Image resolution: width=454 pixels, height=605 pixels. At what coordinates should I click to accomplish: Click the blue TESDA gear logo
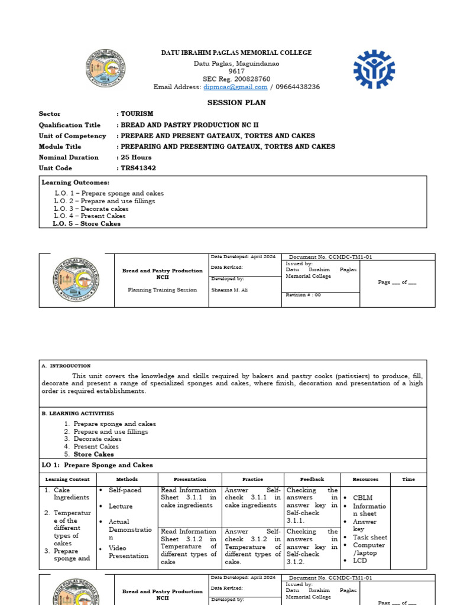[374, 69]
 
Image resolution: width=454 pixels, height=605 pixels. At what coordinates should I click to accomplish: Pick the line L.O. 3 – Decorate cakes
[92, 209]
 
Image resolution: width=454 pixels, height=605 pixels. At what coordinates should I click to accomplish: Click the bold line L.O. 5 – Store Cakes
[86, 224]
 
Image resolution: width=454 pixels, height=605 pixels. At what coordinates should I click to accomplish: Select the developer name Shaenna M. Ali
[226, 291]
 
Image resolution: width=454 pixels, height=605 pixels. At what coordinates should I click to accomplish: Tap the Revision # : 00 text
[303, 295]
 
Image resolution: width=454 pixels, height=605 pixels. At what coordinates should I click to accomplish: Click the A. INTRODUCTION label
[66, 366]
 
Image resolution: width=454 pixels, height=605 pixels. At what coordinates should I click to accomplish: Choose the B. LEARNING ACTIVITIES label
[78, 414]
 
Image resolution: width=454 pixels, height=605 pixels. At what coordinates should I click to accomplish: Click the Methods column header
[127, 479]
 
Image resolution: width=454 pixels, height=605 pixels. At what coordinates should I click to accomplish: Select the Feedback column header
[312, 479]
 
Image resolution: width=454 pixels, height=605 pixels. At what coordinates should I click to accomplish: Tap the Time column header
[408, 479]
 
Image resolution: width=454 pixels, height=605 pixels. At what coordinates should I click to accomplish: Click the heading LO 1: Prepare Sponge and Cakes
[97, 465]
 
